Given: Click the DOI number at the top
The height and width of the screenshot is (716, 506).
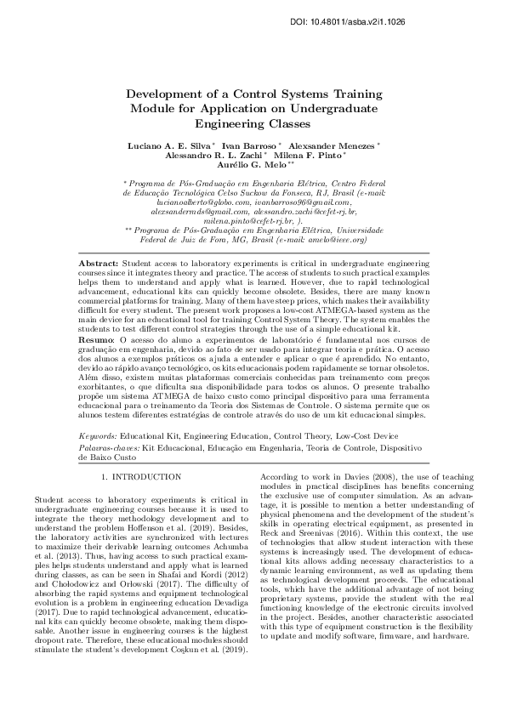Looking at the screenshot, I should click(x=431, y=19).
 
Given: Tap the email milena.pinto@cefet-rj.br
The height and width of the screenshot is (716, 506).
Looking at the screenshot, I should click(x=245, y=219).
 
